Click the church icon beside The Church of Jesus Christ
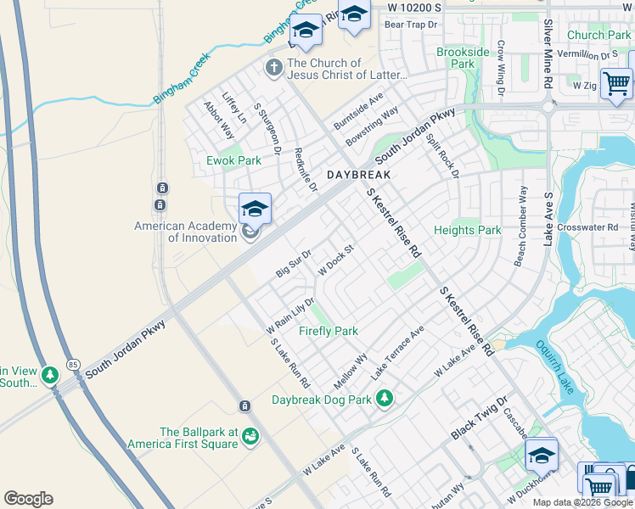coord(273,67)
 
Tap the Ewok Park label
coord(233,160)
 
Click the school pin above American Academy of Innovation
coord(255,208)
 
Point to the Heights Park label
coord(467,230)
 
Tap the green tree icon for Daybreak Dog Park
coord(385,397)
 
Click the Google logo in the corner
coord(28,498)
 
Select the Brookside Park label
coord(463,58)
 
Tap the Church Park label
coord(598,35)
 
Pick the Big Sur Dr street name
coord(295,262)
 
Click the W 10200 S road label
coord(415,7)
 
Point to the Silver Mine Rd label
coord(548,56)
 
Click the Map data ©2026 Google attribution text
coord(582,502)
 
